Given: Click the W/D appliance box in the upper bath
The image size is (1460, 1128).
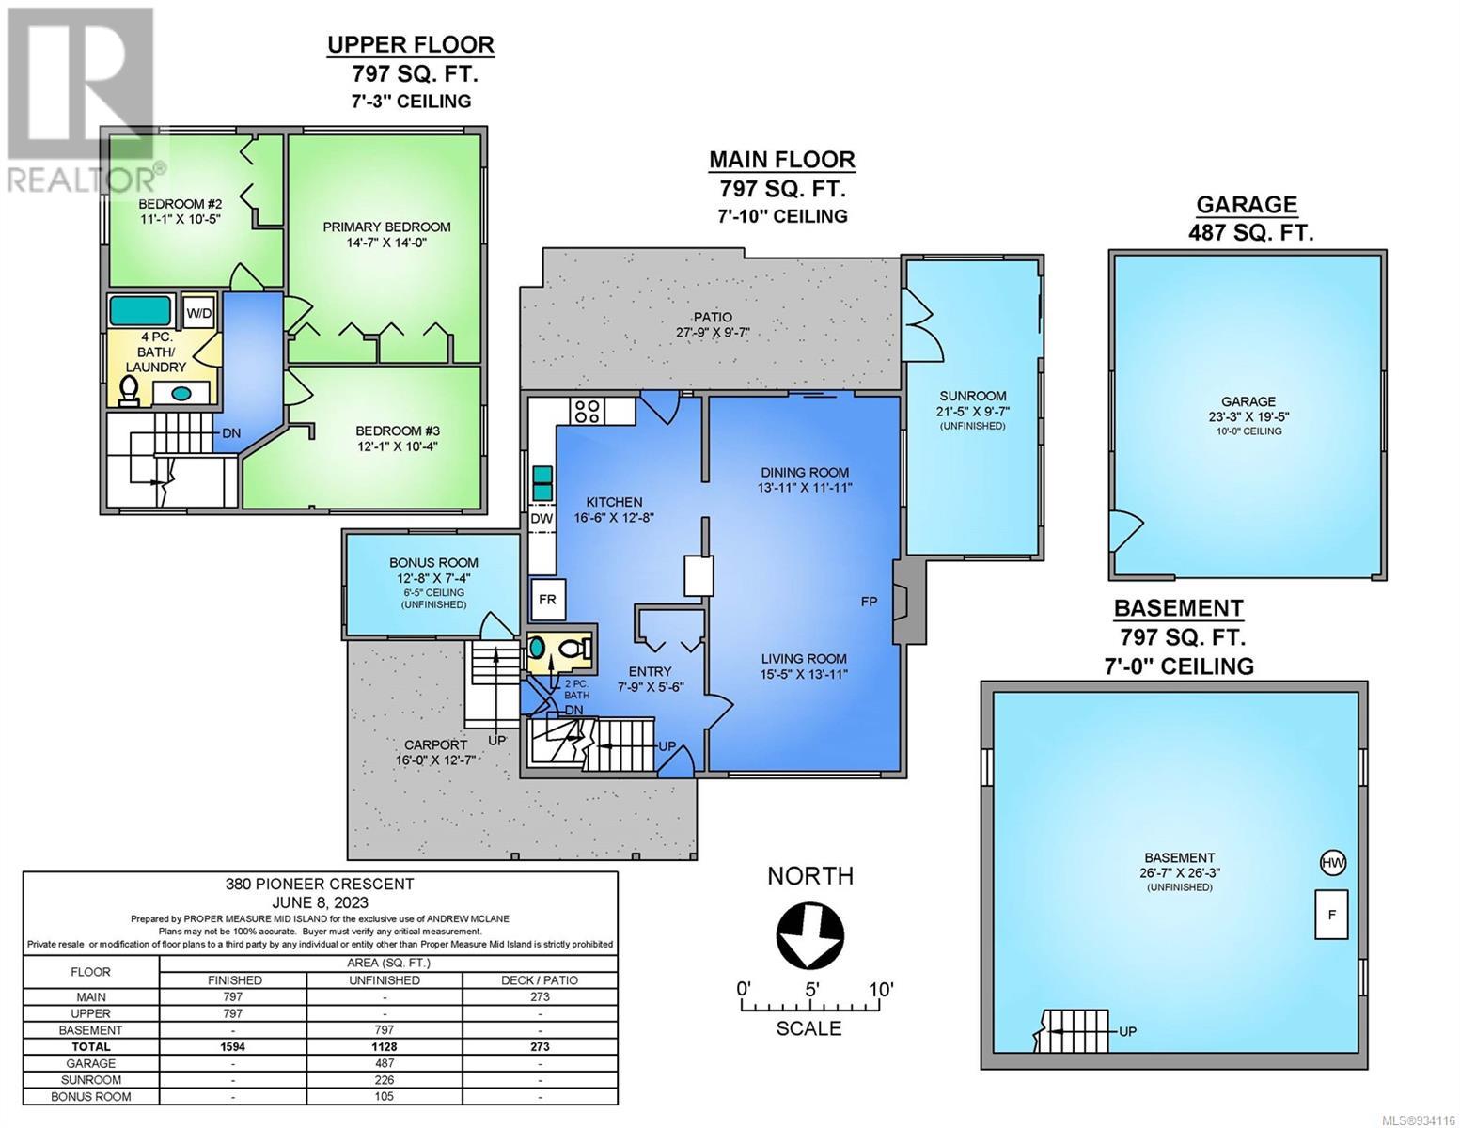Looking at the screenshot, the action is pos(198,312).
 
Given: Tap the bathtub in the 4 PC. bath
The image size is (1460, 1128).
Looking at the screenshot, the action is pos(140,311).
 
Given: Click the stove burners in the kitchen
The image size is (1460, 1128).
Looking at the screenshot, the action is pos(588,411).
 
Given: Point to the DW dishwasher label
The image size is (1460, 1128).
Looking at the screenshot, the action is pos(542,518).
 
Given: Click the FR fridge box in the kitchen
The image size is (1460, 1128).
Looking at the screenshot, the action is pos(547,599).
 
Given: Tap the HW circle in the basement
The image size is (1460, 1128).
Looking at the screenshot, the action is pos(1333,862).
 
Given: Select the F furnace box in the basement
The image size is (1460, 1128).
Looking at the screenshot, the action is pos(1331,915).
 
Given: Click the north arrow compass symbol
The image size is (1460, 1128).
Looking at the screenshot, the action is pos(810,934).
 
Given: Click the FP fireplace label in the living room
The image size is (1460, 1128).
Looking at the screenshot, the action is pos(869,602).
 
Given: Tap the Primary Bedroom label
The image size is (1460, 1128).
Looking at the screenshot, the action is pos(386,227).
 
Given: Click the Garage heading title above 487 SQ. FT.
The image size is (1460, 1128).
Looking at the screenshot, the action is pos(1247,204).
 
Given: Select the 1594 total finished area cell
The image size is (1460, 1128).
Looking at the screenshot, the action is pos(233,1046).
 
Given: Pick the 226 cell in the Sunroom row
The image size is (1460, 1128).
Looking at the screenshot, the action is pos(385,1080).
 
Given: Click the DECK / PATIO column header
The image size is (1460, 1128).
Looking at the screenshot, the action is pos(541,980).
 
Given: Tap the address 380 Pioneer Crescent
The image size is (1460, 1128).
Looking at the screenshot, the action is pos(320,885).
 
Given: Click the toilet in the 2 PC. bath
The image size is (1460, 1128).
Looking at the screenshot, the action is pos(575,649).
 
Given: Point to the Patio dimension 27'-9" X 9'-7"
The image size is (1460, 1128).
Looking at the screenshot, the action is pos(713,332).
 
